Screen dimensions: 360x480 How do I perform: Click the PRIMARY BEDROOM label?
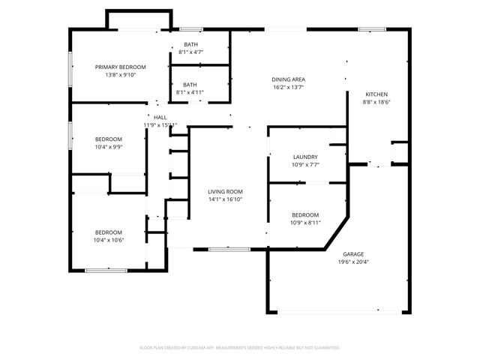coord(120,67)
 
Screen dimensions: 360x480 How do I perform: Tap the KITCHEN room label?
coord(376,94)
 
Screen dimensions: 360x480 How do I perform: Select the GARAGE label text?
coord(354,254)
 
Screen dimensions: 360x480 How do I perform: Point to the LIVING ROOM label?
coord(225,192)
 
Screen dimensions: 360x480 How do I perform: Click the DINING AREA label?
coord(287,79)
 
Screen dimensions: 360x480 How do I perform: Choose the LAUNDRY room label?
coord(304,157)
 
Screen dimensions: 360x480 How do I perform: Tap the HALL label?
coord(160,118)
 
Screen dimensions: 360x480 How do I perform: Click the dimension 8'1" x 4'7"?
coord(190,52)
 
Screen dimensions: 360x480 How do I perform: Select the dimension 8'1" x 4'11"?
coord(190,92)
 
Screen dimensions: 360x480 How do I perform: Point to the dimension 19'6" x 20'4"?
coord(354,262)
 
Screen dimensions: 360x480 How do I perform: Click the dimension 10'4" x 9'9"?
coord(108,147)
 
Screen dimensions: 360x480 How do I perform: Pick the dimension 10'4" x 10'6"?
coord(108,240)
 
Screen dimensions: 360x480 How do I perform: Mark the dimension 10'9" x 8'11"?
coord(304,223)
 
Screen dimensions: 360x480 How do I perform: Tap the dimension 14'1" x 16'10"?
coord(225,200)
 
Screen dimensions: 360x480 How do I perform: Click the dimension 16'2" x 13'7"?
coord(287,87)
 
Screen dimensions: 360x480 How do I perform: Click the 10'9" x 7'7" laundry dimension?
coord(304,164)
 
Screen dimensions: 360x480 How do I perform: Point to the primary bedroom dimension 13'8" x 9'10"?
coord(120,74)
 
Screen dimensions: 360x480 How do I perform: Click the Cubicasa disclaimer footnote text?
coord(240,348)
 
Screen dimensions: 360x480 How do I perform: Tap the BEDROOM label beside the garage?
coord(304,214)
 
